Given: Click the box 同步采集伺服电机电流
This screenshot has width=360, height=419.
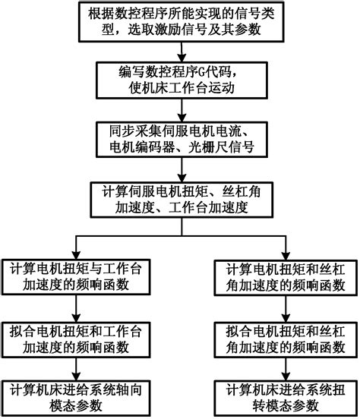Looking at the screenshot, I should [x=179, y=137].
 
